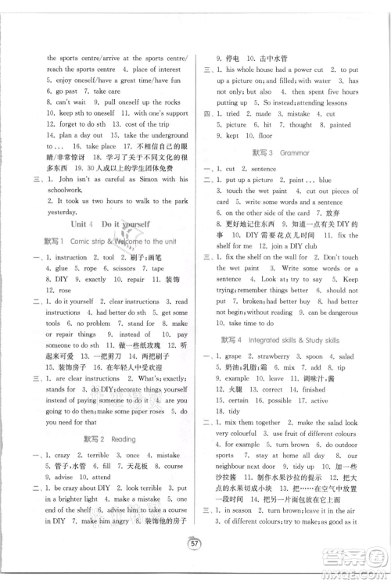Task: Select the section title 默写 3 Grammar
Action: tap(282, 153)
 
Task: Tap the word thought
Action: tap(300, 123)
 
